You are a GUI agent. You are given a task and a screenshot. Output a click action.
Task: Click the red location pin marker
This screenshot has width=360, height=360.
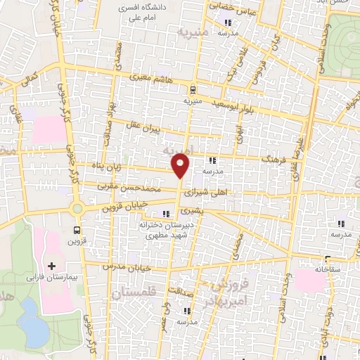point(181,166)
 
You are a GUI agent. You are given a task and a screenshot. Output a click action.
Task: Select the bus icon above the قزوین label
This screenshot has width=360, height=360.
point(77,229)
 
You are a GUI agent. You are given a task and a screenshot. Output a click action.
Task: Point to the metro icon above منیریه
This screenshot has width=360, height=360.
point(191,89)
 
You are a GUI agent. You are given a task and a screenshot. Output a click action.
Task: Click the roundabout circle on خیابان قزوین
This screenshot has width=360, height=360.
point(77,208)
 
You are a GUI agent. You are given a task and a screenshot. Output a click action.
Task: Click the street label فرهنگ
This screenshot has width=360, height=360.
point(274,160)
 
